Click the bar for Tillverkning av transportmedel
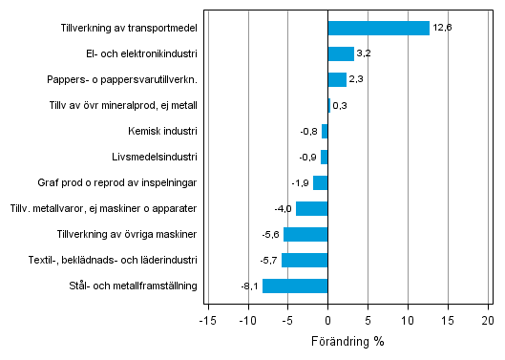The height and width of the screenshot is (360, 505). click(378, 29)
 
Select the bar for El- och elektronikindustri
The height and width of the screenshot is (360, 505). click(341, 54)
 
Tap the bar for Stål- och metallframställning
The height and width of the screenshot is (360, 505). click(295, 286)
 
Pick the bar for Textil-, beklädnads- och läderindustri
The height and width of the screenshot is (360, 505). click(305, 260)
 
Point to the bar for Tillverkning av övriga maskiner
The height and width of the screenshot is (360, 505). click(305, 234)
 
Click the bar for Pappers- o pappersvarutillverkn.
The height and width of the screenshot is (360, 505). click(337, 80)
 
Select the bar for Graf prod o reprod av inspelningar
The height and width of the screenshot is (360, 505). click(320, 182)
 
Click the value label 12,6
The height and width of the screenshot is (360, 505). click(441, 29)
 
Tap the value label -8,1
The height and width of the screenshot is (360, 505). click(249, 286)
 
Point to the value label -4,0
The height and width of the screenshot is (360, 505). click(283, 208)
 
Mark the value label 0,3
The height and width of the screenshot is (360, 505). click(340, 106)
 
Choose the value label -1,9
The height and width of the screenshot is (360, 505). click(300, 182)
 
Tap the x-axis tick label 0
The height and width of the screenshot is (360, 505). click(327, 320)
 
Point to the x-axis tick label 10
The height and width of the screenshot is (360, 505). click(408, 320)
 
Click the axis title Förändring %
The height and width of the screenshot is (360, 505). click(347, 341)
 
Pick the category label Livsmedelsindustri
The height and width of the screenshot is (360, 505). click(155, 157)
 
